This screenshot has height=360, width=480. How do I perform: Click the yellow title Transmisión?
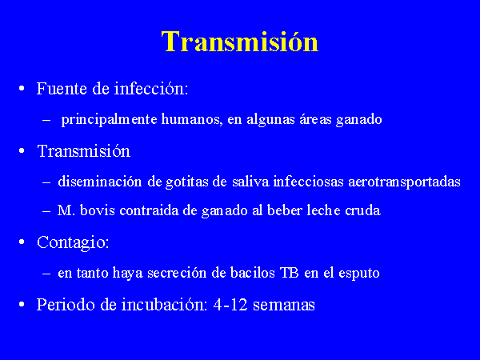240,42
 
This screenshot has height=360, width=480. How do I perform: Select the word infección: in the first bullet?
151,89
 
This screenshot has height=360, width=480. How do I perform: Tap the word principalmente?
110,120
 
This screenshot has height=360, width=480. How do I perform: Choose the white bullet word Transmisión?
83,151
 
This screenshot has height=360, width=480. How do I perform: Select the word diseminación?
100,182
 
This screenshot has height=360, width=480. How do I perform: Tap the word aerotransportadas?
404,182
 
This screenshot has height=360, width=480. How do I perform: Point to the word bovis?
98,210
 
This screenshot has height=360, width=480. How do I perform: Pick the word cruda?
362,210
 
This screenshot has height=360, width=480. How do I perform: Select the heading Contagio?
73,242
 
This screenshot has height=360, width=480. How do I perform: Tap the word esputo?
359,274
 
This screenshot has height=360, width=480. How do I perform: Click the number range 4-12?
230,305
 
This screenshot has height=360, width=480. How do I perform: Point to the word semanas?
284,306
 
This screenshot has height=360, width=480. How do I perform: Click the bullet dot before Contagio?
22,242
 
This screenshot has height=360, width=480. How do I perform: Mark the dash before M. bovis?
46,211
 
